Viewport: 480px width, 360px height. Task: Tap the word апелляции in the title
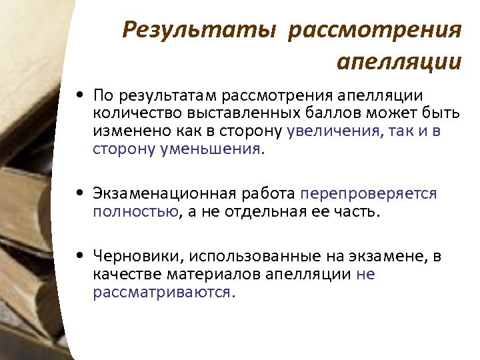pos(399,62)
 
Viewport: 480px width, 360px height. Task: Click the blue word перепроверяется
pos(369,193)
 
